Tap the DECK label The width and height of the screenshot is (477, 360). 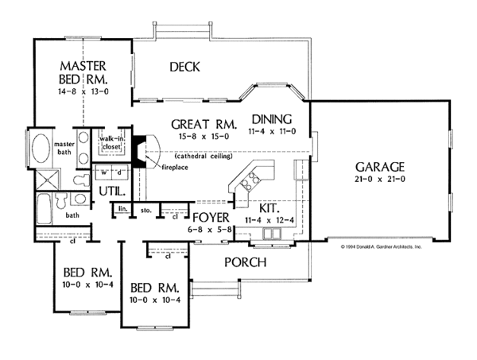[184, 68]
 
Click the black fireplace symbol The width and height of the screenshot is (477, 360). [139, 151]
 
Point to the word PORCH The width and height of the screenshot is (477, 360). [243, 262]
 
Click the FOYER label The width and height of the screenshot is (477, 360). [211, 217]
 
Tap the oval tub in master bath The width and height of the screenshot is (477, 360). [40, 149]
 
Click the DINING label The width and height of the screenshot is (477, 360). [272, 118]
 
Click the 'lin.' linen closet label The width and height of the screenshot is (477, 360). [123, 209]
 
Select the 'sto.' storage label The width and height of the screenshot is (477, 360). [146, 210]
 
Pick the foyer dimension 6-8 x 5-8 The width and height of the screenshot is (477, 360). [211, 229]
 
